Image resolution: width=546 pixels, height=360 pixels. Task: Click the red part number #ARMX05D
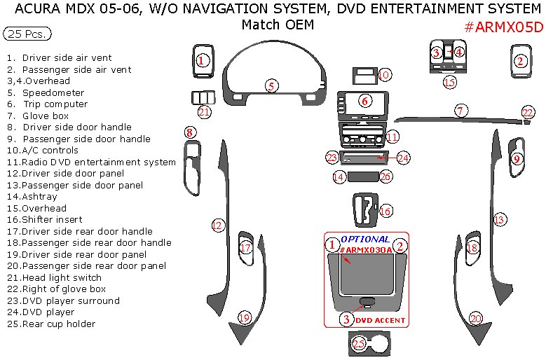point(503,27)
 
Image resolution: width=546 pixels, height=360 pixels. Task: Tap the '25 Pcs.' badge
point(27,34)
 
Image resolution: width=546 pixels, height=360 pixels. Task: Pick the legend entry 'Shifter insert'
point(51,219)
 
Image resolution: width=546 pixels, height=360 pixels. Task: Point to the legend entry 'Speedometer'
point(53,92)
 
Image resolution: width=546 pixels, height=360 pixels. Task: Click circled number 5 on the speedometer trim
point(271,86)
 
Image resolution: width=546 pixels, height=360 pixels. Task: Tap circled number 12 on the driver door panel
point(218,226)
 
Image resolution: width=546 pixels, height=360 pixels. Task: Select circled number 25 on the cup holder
point(359,343)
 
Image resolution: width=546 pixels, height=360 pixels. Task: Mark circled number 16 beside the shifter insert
point(385,210)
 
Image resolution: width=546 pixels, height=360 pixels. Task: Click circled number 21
point(204,111)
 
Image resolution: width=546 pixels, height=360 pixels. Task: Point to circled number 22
point(527,112)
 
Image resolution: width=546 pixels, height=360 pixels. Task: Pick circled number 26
point(385,177)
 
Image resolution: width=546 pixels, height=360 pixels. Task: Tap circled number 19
point(244,318)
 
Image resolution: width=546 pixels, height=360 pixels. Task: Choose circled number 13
point(499,220)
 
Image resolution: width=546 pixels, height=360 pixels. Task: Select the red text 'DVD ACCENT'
point(380,320)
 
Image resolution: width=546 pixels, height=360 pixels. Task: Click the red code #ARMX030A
point(365,250)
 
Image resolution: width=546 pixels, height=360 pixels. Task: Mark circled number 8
point(189,132)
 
